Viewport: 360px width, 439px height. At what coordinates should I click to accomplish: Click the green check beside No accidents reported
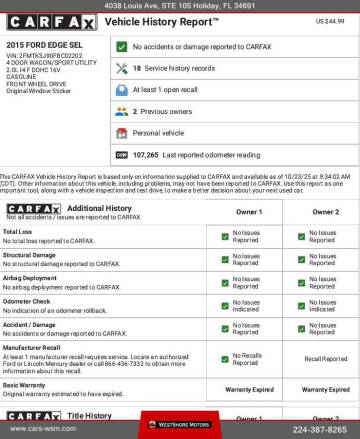pyautogui.click(x=121, y=46)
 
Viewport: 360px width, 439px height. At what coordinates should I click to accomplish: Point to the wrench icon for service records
pyautogui.click(x=121, y=68)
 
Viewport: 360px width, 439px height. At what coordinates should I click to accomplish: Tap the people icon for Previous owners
pyautogui.click(x=121, y=111)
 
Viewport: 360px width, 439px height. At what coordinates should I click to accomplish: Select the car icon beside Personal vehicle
pyautogui.click(x=121, y=132)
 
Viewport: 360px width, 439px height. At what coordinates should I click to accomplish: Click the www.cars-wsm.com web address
pyautogui.click(x=46, y=429)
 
